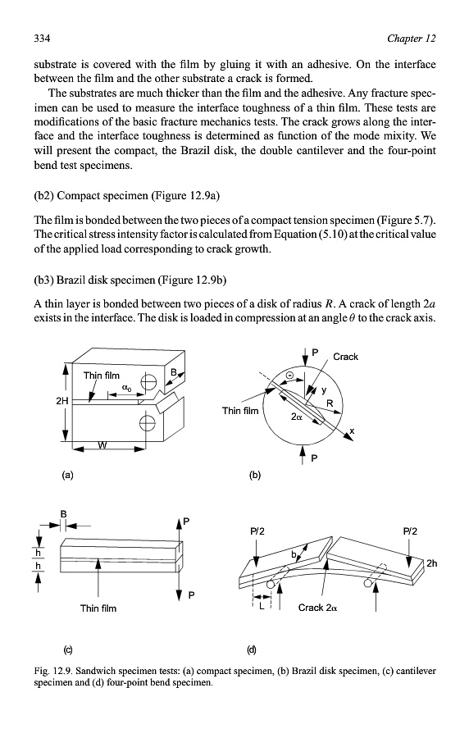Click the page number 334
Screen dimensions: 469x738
[x=42, y=38]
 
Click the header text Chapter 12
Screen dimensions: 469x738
[x=412, y=38]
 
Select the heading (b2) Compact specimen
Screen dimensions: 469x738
[x=127, y=195]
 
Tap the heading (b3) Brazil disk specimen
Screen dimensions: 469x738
[x=130, y=280]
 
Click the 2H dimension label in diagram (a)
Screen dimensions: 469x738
[x=62, y=401]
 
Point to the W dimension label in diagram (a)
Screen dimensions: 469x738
[x=102, y=444]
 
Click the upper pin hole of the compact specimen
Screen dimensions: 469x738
[x=148, y=381]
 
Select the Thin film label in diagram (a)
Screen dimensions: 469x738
[x=102, y=376]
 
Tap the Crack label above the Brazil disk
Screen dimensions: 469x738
[x=345, y=357]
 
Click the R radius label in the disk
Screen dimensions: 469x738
[x=330, y=403]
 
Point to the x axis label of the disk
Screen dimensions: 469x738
[x=352, y=430]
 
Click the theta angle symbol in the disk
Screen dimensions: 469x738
[x=289, y=375]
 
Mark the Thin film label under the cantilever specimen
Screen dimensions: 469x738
[x=98, y=608]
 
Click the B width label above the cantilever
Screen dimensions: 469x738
[x=63, y=514]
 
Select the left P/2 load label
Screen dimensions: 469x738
[x=257, y=531]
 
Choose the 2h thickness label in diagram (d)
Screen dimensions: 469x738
[x=431, y=563]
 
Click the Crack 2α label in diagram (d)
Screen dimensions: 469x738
[x=317, y=608]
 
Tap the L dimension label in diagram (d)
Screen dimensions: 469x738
[x=262, y=606]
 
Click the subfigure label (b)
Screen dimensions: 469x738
[x=254, y=475]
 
